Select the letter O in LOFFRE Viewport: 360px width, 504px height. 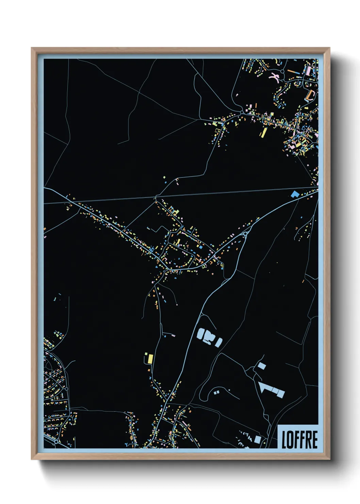pyautogui.click(x=290, y=439)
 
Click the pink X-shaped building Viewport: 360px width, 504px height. pyautogui.click(x=274, y=77)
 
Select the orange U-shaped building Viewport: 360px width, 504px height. pyautogui.click(x=310, y=95)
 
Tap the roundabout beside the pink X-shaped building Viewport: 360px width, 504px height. pyautogui.click(x=283, y=72)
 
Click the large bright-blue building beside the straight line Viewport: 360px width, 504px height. pyautogui.click(x=294, y=194)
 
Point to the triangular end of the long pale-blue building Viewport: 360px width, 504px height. pyautogui.click(x=261, y=387)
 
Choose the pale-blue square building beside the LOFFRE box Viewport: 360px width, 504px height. pyautogui.click(x=258, y=439)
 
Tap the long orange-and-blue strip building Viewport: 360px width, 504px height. pyautogui.click(x=293, y=72)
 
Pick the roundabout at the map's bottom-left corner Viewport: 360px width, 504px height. pyautogui.click(x=55, y=442)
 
